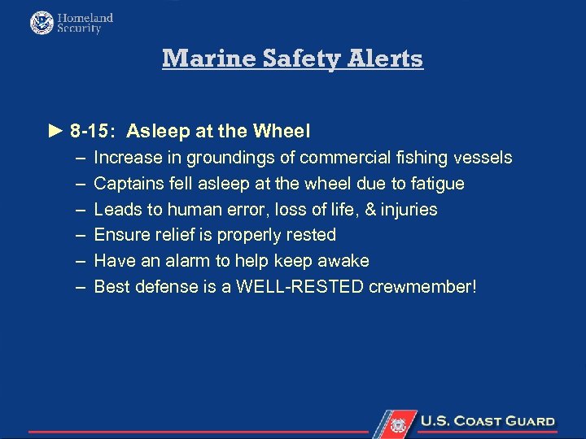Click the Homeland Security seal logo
point(42,23)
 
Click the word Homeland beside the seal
point(85,17)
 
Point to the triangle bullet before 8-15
point(55,130)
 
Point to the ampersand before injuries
point(370,209)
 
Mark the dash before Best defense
point(79,286)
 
